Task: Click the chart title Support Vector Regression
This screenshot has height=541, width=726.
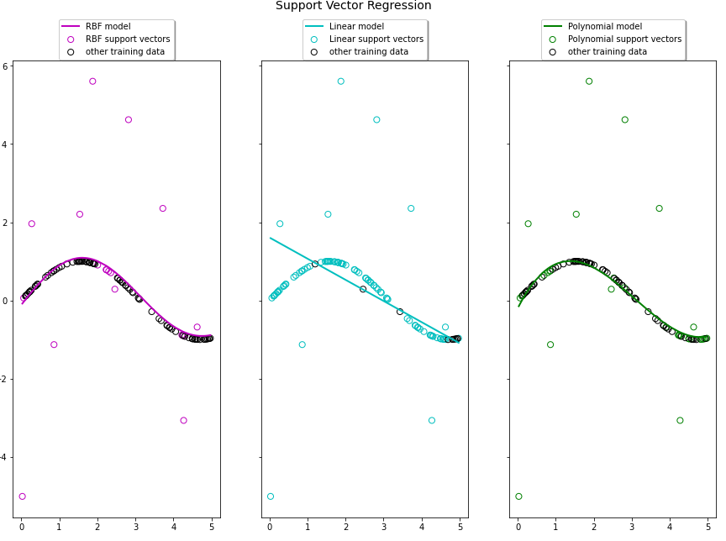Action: pyautogui.click(x=353, y=6)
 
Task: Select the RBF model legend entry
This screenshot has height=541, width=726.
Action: pyautogui.click(x=108, y=26)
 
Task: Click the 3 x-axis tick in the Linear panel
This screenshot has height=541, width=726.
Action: pyautogui.click(x=384, y=528)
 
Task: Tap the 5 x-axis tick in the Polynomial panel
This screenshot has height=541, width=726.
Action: pyautogui.click(x=708, y=528)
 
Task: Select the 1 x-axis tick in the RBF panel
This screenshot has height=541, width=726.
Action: pyautogui.click(x=60, y=528)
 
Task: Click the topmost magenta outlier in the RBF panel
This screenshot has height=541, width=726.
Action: pyautogui.click(x=92, y=81)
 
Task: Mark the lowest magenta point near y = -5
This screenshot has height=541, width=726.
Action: pyautogui.click(x=22, y=496)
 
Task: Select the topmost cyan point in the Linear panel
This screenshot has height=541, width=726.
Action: pyautogui.click(x=340, y=81)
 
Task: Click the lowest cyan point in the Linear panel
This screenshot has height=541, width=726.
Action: pyautogui.click(x=270, y=496)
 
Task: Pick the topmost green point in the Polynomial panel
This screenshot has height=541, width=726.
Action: pyautogui.click(x=589, y=81)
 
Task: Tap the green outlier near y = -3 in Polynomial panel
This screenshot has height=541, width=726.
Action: pyautogui.click(x=680, y=420)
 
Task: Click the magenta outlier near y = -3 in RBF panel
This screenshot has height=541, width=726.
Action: pyautogui.click(x=183, y=420)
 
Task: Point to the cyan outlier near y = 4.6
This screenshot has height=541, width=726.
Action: pyautogui.click(x=376, y=119)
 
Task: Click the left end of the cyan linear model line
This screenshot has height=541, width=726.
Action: pyautogui.click(x=271, y=238)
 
